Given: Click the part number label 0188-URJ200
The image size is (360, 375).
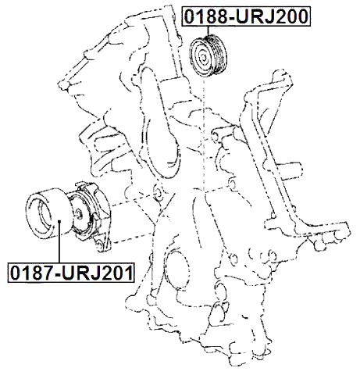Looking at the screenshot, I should pos(247,15).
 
